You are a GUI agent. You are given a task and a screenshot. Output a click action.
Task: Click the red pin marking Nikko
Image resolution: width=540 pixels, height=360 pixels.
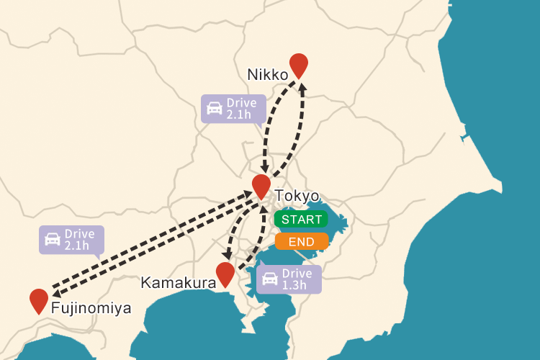[x=298, y=64]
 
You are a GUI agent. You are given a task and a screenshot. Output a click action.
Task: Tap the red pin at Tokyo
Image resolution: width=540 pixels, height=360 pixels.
[x=261, y=185]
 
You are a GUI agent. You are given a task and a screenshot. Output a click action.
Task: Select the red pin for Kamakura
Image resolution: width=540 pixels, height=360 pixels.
[x=225, y=273]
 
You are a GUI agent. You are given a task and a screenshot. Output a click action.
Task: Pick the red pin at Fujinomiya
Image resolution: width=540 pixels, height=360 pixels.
[x=39, y=300]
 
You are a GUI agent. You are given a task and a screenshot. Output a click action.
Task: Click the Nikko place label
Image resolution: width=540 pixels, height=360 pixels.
[x=267, y=74]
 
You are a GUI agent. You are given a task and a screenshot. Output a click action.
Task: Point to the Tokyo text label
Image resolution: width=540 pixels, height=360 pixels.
[x=297, y=196]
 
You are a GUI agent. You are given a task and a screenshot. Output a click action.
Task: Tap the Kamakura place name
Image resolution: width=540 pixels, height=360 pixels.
[x=179, y=283]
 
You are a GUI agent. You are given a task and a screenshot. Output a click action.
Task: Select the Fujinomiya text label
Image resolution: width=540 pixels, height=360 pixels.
[x=91, y=309]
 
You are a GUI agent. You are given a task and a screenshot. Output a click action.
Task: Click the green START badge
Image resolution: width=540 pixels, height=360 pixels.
[x=301, y=219]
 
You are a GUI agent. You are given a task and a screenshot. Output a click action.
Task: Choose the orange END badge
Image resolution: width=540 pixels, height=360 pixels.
[x=301, y=241]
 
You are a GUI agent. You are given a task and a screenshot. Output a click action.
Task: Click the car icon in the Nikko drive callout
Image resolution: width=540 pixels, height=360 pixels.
[x=215, y=109]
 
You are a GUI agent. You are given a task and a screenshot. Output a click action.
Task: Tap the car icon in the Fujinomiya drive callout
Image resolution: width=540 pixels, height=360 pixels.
[x=53, y=239]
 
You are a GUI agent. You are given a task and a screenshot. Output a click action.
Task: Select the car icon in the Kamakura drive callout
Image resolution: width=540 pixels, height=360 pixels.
[x=270, y=279]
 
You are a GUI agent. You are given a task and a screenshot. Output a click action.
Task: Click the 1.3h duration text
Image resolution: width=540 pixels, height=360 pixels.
[x=294, y=285]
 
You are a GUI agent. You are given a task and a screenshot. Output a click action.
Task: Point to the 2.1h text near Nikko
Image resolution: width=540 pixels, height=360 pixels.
[x=238, y=114]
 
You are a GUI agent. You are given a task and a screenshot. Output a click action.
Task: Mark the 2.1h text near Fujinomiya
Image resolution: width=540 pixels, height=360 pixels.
[x=76, y=246]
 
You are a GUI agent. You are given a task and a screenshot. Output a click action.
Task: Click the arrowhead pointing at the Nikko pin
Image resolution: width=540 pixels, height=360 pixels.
[x=303, y=88]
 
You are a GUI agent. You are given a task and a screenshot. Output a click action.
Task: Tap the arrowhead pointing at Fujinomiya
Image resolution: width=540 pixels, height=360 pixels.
[x=55, y=292]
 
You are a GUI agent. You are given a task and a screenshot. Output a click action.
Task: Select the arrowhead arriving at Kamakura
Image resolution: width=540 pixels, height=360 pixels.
[x=228, y=256]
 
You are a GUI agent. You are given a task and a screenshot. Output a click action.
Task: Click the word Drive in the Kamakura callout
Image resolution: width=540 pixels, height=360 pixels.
[x=297, y=274]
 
